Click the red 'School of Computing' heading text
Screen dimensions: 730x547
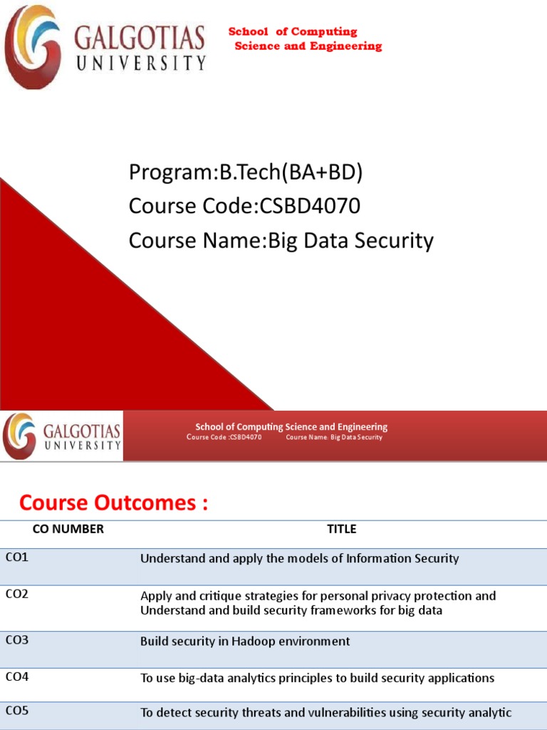(293, 31)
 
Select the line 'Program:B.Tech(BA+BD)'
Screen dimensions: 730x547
(250, 172)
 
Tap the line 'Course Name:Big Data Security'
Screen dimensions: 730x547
(281, 241)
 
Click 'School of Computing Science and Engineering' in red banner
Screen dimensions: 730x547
(291, 427)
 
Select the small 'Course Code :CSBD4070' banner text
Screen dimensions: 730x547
(224, 437)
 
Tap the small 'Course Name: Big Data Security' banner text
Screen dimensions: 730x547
(334, 437)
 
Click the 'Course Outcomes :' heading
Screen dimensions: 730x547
(114, 503)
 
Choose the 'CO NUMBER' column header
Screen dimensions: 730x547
(68, 529)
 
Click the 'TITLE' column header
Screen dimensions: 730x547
(342, 529)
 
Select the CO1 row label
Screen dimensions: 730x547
(17, 557)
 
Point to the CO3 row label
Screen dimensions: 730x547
(17, 639)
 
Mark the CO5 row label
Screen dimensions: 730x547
(17, 710)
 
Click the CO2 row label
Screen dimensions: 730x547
(17, 594)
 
